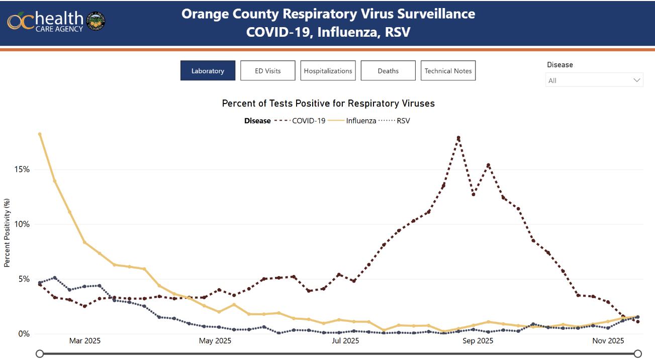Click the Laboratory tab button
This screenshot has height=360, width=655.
pyautogui.click(x=208, y=71)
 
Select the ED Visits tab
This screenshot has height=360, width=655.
pyautogui.click(x=267, y=71)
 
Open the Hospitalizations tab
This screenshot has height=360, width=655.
pyautogui.click(x=328, y=71)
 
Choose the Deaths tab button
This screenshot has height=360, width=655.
pyautogui.click(x=388, y=71)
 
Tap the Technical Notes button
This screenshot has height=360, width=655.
pyautogui.click(x=448, y=71)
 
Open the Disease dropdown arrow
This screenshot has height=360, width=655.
pyautogui.click(x=637, y=80)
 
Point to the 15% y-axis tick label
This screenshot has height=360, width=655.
pyautogui.click(x=22, y=169)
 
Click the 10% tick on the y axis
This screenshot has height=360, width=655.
pyautogui.click(x=22, y=224)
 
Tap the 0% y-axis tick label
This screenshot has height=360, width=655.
pyautogui.click(x=24, y=334)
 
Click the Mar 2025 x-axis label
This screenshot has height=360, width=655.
pyautogui.click(x=84, y=341)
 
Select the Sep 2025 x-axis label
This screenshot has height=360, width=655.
pyautogui.click(x=478, y=341)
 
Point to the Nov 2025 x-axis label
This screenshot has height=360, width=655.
pyautogui.click(x=608, y=341)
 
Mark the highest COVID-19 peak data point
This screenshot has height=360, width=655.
pyautogui.click(x=458, y=137)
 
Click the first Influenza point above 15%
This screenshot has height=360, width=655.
pyautogui.click(x=39, y=134)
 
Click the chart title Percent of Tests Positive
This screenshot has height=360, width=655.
pyautogui.click(x=328, y=104)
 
